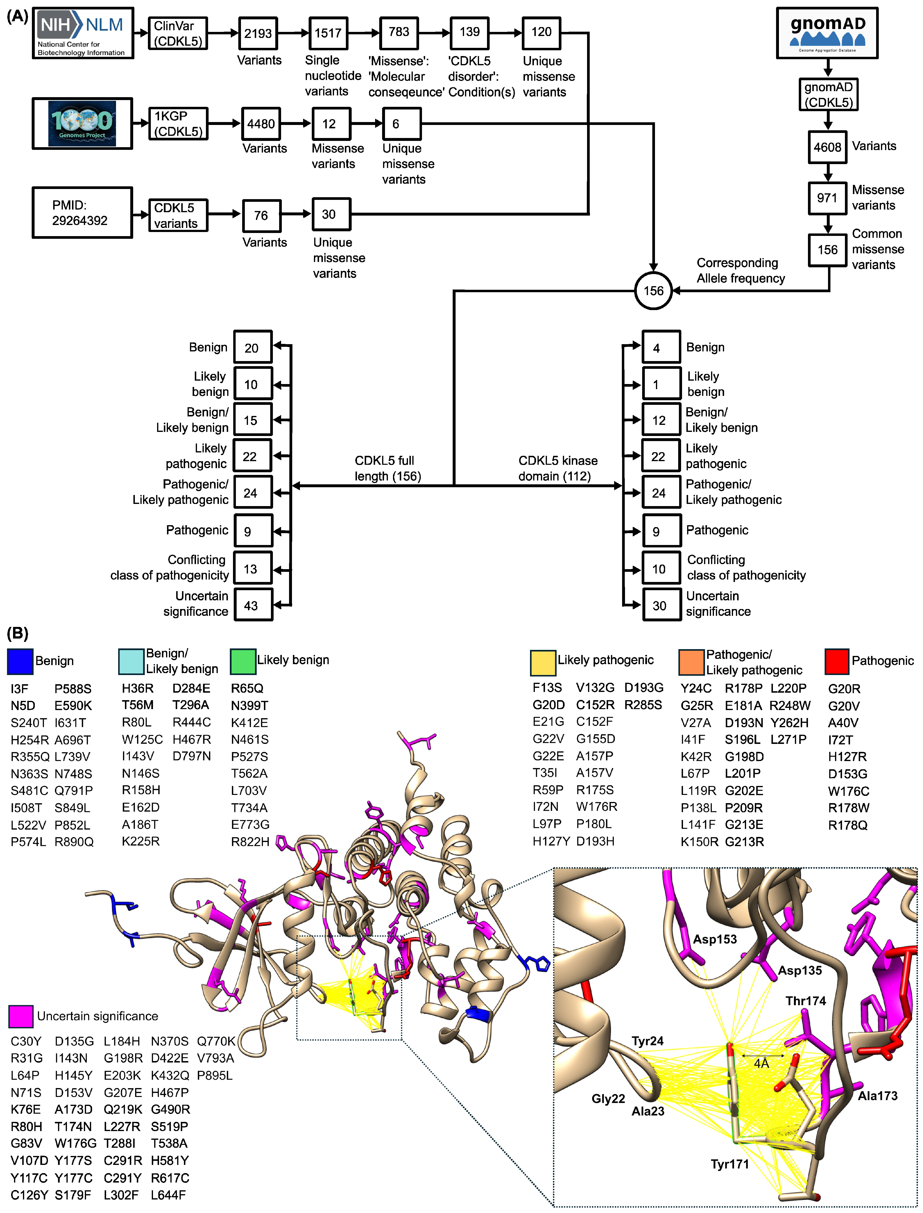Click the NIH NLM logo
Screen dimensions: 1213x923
pos(82,33)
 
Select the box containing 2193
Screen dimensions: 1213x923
pos(258,33)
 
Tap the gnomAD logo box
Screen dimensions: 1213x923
pos(827,33)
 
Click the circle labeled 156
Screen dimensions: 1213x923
pos(653,291)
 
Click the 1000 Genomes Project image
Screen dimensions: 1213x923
pos(82,123)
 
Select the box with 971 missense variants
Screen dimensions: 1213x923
pos(827,198)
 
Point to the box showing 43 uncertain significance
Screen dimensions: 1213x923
pos(253,605)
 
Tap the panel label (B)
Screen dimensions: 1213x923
pos(17,633)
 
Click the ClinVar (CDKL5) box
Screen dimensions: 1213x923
pos(177,33)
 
